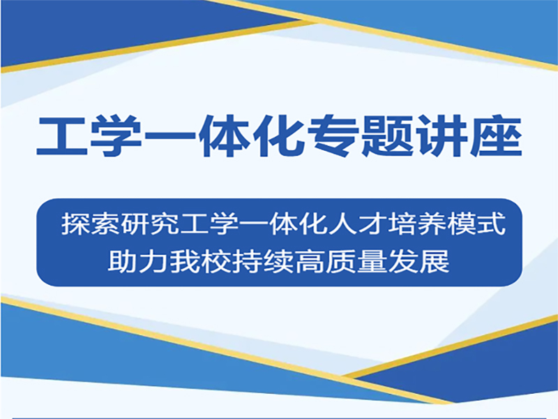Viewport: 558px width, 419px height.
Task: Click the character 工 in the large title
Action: [61, 136]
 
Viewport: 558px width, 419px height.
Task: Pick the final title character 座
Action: [496, 136]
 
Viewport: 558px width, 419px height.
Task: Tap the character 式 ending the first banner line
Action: [492, 224]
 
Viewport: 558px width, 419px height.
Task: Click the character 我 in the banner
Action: [184, 261]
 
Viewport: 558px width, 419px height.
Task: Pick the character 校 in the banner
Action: [216, 261]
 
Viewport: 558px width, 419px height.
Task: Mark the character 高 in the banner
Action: [309, 261]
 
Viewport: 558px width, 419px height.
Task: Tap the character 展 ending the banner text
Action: [434, 261]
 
